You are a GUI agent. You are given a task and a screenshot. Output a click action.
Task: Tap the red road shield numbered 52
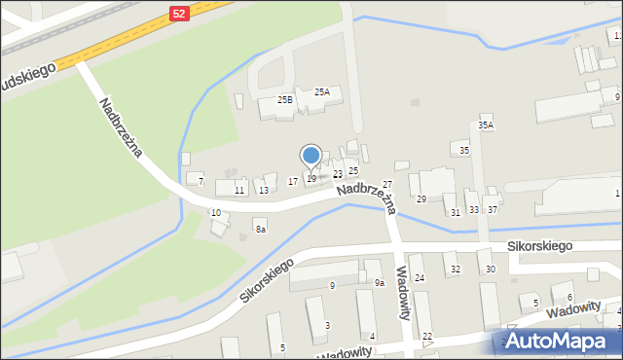pyautogui.click(x=178, y=13)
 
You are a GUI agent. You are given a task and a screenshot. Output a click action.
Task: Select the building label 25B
pyautogui.click(x=285, y=99)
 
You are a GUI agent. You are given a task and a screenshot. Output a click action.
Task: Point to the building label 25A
pyautogui.click(x=321, y=92)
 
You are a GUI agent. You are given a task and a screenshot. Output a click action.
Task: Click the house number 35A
pyautogui.click(x=485, y=126)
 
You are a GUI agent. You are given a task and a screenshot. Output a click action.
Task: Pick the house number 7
pyautogui.click(x=201, y=182)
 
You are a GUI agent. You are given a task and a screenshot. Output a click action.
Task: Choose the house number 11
pyautogui.click(x=239, y=190)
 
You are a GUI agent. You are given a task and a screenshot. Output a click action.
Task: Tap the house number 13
pyautogui.click(x=264, y=190)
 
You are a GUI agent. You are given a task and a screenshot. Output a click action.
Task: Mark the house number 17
pyautogui.click(x=293, y=181)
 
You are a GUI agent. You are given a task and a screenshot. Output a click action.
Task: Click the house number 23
pyautogui.click(x=338, y=174)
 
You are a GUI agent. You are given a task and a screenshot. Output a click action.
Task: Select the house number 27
pyautogui.click(x=386, y=184)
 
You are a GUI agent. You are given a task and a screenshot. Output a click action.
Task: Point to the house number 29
pyautogui.click(x=421, y=198)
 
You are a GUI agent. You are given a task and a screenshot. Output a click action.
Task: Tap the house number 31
pyautogui.click(x=455, y=211)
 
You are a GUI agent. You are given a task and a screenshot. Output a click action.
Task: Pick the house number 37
pyautogui.click(x=493, y=209)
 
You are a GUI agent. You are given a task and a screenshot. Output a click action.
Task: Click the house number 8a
pyautogui.click(x=260, y=229)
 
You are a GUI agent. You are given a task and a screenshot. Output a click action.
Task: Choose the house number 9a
pyautogui.click(x=381, y=283)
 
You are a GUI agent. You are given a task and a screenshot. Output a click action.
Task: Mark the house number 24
pyautogui.click(x=420, y=278)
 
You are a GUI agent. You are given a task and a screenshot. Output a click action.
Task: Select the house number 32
pyautogui.click(x=455, y=270)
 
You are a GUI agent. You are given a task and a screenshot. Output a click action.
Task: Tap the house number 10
pyautogui.click(x=216, y=212)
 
